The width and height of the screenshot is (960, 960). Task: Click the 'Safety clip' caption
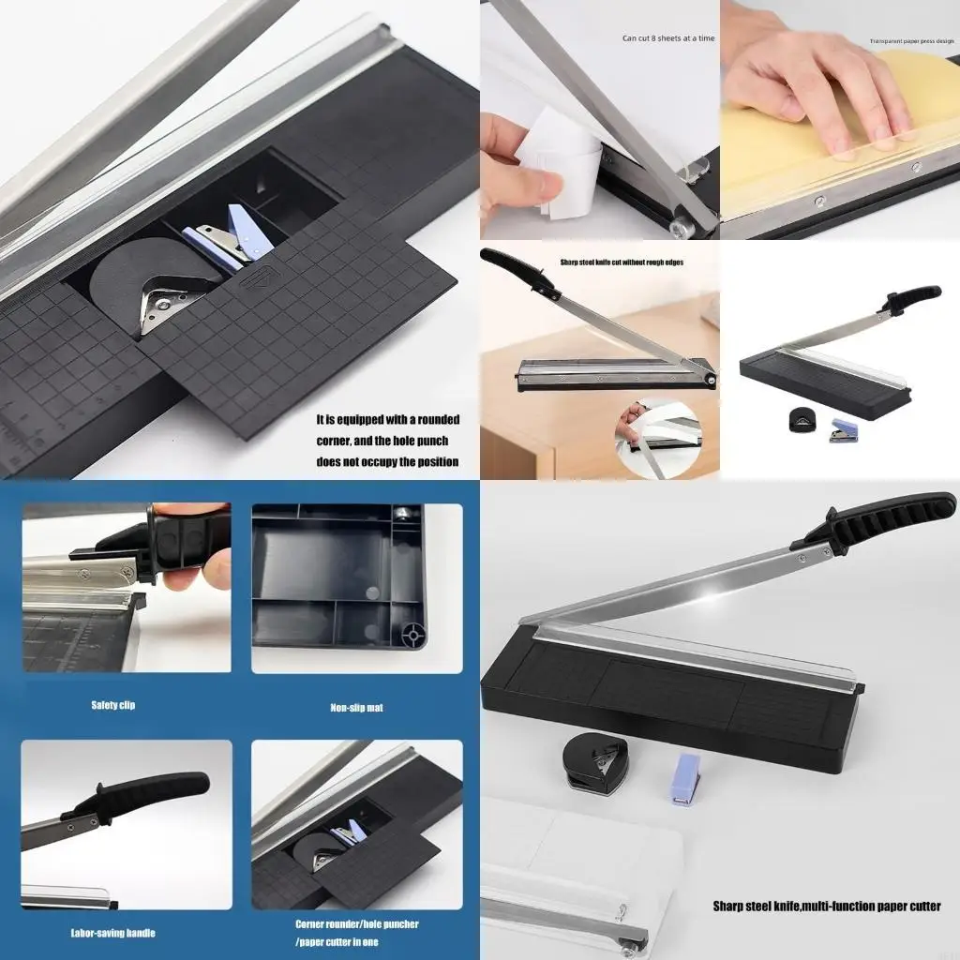tap(112, 705)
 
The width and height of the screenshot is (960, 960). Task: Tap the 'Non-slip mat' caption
tap(356, 708)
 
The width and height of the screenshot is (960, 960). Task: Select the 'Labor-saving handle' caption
tap(112, 933)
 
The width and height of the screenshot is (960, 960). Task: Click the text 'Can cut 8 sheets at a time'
tap(667, 38)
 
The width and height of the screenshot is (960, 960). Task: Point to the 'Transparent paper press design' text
tap(910, 41)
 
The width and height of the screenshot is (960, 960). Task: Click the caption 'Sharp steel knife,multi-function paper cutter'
tap(826, 906)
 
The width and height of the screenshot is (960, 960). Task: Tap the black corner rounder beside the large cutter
tap(596, 764)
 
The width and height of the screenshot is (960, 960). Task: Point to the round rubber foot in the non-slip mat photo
tap(410, 635)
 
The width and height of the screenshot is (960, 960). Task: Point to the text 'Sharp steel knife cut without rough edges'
tap(621, 262)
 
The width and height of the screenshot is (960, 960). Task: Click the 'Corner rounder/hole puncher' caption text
tap(356, 923)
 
